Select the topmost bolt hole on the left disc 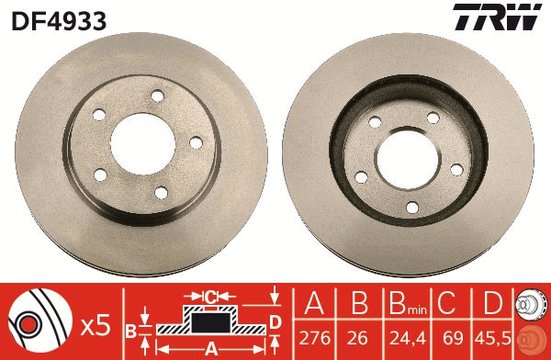coord(157,96)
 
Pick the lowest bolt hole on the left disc coord(162,191)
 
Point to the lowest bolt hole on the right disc coord(411,207)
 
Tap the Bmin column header coord(401,306)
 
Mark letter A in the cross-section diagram coord(210,349)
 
